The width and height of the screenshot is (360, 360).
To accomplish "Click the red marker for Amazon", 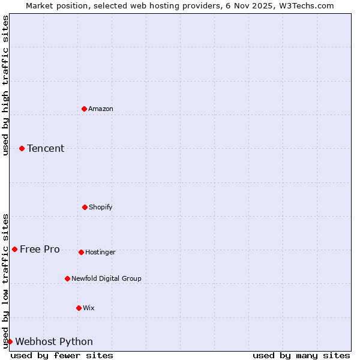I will click(84, 109).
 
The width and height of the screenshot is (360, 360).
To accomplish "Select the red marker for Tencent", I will click(22, 148).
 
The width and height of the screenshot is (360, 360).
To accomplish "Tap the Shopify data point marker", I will click(85, 207).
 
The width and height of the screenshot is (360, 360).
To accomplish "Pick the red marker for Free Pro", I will click(14, 249).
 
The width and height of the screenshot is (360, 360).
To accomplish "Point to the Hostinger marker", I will click(81, 252).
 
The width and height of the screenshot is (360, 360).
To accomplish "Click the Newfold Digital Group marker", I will click(67, 278).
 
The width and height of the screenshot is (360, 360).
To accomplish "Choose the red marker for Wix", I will click(79, 308).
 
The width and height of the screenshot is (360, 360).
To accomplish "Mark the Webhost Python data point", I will click(10, 341).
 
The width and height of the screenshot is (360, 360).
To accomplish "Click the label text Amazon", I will click(101, 109).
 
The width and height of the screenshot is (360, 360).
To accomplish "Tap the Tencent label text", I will click(46, 148).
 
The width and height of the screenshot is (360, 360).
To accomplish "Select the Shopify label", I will click(101, 207).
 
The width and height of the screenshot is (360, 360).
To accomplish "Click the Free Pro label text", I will click(40, 249).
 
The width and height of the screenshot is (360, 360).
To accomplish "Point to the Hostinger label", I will click(100, 252).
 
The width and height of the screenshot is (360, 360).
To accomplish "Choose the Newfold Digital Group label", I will click(107, 278).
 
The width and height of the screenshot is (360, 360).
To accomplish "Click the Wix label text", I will click(89, 308).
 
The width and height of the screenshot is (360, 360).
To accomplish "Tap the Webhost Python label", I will click(54, 341).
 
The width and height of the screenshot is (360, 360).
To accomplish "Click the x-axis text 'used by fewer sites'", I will click(62, 355).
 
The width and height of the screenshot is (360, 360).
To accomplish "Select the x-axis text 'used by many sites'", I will click(301, 355).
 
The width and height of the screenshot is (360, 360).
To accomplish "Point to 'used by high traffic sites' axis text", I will click(5, 85).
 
